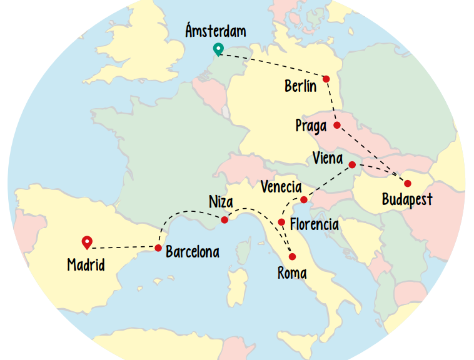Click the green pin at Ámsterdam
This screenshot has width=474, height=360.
218,49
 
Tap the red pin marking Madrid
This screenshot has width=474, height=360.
87,241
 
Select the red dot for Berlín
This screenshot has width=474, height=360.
326,79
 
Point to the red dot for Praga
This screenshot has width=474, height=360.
337,125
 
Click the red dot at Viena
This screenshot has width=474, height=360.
352,165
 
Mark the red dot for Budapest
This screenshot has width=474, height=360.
408,184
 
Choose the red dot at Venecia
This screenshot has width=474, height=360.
303,200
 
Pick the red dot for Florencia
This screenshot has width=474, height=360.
281,222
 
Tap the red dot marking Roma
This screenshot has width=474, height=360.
292,257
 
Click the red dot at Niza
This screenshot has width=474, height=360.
224,219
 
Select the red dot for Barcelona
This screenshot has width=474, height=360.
158,248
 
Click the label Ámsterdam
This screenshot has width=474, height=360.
216,31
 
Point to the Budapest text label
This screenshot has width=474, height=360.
407,201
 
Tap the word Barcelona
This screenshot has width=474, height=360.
193,252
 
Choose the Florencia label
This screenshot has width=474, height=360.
315,224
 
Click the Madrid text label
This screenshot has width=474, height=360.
86,265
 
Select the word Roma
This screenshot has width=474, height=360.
293,272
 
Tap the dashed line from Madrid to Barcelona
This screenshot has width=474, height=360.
125,247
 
